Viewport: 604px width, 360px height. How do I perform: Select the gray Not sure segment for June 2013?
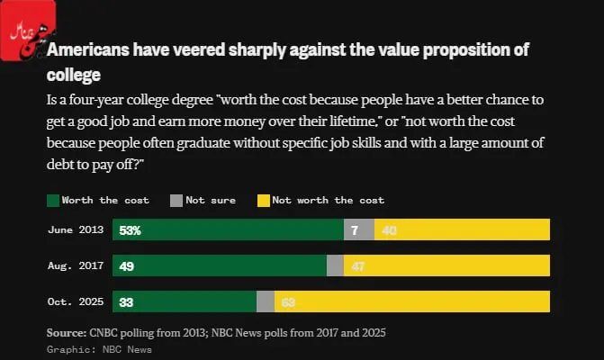tap(358, 229)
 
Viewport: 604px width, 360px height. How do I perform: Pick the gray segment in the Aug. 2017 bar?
tap(335, 265)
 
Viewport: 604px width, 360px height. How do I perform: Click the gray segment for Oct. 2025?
tap(266, 301)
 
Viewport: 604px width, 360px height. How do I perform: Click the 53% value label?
tap(130, 230)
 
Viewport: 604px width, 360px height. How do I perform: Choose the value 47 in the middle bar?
tap(358, 266)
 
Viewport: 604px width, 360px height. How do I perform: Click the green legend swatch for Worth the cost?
tap(52, 200)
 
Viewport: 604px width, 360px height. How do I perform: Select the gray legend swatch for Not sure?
tap(176, 200)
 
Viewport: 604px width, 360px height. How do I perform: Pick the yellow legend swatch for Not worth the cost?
tap(263, 200)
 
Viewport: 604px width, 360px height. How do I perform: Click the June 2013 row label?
tap(76, 230)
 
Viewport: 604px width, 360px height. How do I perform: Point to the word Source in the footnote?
tap(66, 333)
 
